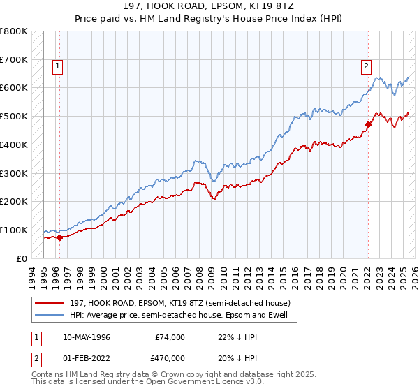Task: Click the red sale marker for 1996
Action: (59, 237)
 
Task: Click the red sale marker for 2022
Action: (367, 125)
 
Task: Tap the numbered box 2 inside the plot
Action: (365, 66)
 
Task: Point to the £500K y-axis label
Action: (14, 116)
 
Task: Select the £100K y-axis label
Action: (14, 230)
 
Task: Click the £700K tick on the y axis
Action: (14, 59)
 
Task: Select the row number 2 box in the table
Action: (35, 357)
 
